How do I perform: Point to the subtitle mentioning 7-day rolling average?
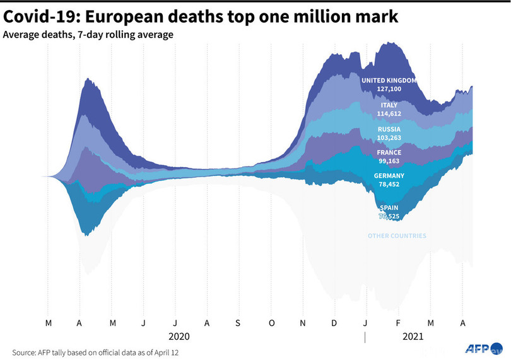point(88,35)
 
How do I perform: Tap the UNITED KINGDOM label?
point(389,81)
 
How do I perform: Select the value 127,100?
point(389,90)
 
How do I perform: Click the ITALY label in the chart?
point(389,105)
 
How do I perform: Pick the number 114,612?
point(389,113)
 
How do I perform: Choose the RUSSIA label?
point(389,129)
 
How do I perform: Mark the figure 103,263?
point(389,137)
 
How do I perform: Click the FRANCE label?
point(389,153)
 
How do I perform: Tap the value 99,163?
point(389,161)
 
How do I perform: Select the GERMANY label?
point(389,176)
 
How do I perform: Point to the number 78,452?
point(389,185)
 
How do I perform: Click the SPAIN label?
point(389,208)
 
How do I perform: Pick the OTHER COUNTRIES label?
point(397,236)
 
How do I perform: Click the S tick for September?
point(238,323)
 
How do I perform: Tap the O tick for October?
point(271,323)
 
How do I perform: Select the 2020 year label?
point(179,337)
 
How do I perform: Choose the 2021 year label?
point(414,337)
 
